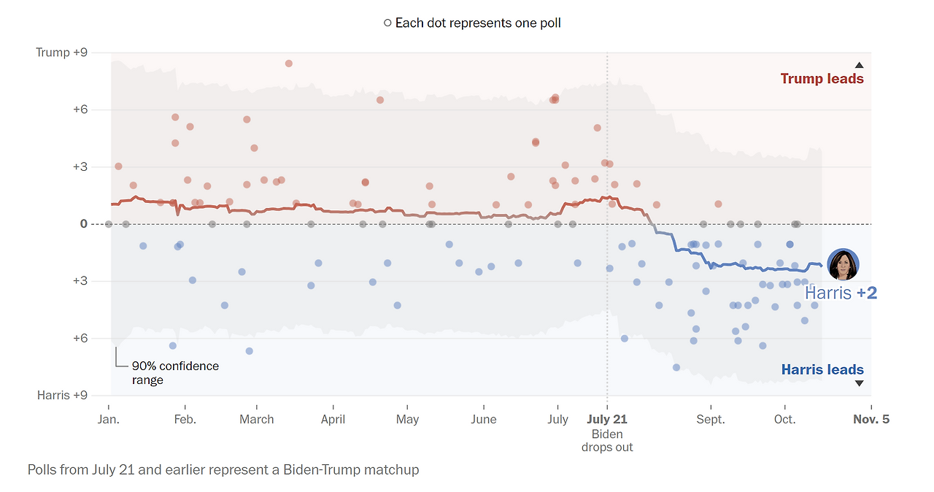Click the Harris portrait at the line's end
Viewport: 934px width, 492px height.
[x=843, y=264]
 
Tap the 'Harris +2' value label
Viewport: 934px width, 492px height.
[x=841, y=293]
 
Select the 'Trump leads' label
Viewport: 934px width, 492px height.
[x=822, y=79]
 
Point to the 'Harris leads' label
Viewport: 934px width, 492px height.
[x=822, y=370]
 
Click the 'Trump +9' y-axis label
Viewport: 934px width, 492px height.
[x=63, y=53]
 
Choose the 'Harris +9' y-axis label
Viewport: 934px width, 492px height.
[x=63, y=395]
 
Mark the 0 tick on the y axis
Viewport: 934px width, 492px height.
[x=84, y=224]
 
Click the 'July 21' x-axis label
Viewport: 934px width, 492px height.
[x=607, y=420]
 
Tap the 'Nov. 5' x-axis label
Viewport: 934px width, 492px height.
[x=871, y=420]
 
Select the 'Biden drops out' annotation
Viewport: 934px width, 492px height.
[x=607, y=441]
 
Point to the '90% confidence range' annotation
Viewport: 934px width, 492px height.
[x=175, y=373]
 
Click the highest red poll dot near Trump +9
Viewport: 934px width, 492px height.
[x=288, y=64]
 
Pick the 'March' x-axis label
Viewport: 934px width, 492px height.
[x=257, y=420]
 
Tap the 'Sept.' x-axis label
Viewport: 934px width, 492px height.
[x=711, y=420]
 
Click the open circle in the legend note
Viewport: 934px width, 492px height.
[x=387, y=23]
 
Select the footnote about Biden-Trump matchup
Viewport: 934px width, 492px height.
[x=223, y=470]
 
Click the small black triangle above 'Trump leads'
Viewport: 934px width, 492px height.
[x=859, y=65]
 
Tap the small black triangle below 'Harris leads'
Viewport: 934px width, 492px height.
[x=859, y=383]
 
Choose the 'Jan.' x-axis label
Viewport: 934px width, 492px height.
[x=109, y=420]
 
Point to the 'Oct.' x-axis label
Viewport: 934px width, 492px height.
[x=784, y=420]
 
